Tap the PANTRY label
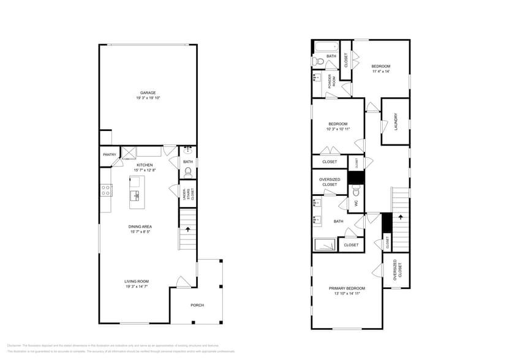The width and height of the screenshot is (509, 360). pyautogui.click(x=110, y=155)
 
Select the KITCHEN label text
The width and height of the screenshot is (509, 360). pyautogui.click(x=145, y=165)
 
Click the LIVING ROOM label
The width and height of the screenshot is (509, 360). pyautogui.click(x=137, y=281)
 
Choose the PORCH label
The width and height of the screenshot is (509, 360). pyautogui.click(x=197, y=305)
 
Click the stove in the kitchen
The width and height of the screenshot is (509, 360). pyautogui.click(x=106, y=190)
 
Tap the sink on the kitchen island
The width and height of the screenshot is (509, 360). pyautogui.click(x=135, y=195)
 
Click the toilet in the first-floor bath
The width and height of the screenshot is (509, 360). pyautogui.click(x=188, y=172)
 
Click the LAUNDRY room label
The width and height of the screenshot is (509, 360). pyautogui.click(x=396, y=121)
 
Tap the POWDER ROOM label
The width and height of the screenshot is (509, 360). pyautogui.click(x=331, y=82)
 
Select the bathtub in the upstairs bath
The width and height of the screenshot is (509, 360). pyautogui.click(x=325, y=47)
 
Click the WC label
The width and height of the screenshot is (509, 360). pyautogui.click(x=355, y=203)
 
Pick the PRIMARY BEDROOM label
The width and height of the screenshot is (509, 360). pyautogui.click(x=347, y=288)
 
